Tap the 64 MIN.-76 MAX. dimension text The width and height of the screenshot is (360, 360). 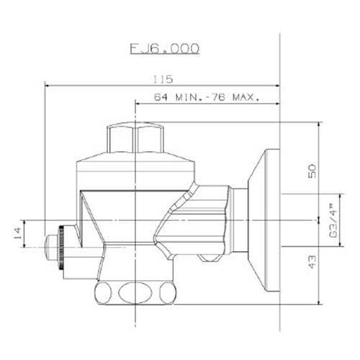(206, 96)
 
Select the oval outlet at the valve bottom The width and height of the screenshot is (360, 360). (136, 294)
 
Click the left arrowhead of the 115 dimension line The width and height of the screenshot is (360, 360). (48, 85)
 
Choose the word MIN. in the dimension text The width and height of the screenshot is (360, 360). (187, 96)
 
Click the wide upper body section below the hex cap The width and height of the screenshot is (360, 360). (136, 171)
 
